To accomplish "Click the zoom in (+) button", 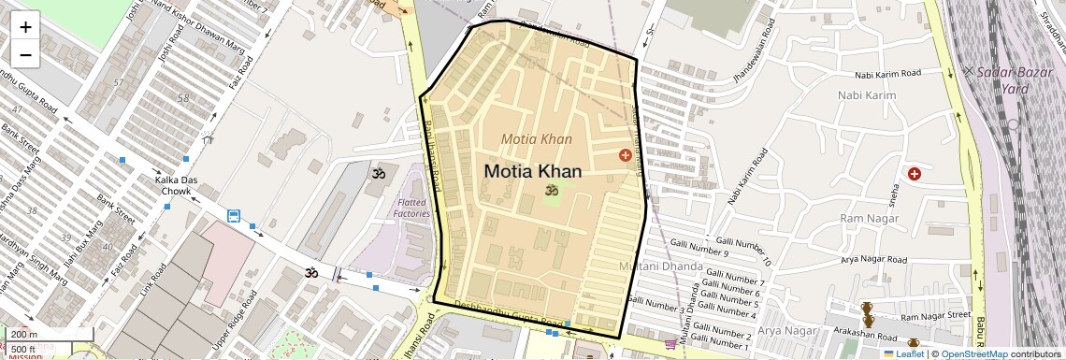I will pyautogui.click(x=25, y=26).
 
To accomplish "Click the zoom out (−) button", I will pyautogui.click(x=25, y=54).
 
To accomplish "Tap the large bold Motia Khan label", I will pyautogui.click(x=533, y=172).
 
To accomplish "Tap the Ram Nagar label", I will pyautogui.click(x=869, y=219).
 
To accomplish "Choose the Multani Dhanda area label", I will pyautogui.click(x=661, y=267).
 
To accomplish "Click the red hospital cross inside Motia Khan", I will pyautogui.click(x=625, y=155).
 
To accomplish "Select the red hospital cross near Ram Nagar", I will pyautogui.click(x=914, y=174).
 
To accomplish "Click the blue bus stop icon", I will pyautogui.click(x=233, y=217).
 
